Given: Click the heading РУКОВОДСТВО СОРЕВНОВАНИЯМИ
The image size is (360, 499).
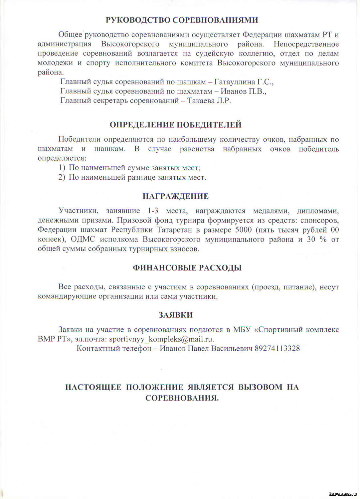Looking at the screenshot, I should coord(182,20).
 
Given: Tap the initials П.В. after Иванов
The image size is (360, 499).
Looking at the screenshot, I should coord(258,91).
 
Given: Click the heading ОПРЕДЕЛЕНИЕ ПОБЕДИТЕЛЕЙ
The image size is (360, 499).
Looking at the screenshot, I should coord(176,125).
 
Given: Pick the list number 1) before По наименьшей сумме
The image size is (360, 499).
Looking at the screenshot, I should coord(62,168).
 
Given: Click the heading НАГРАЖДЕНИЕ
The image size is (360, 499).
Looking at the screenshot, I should coord(176,196).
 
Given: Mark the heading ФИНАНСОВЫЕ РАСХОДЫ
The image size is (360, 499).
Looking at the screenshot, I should coord(187,268).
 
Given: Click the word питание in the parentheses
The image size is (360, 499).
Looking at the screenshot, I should coord(298,287).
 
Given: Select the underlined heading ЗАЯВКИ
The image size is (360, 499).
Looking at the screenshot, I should coord(176,315).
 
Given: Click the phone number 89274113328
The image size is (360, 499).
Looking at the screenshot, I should coord(277,348).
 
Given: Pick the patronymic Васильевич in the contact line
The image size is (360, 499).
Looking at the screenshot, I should coord(232,348).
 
